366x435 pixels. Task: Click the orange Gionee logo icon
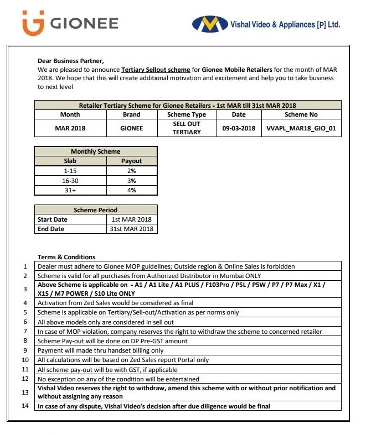(33, 24)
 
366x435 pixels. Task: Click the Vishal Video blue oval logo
(210, 24)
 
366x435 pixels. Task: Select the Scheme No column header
(301, 114)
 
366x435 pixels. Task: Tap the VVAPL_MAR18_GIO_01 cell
(301, 128)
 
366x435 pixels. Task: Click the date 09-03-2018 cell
(239, 128)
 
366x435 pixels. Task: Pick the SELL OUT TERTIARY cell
(186, 128)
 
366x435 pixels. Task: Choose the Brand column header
(131, 114)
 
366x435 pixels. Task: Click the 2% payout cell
(131, 171)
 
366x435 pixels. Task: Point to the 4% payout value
(131, 190)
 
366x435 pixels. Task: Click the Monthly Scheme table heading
(95, 151)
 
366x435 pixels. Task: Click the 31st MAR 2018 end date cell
(131, 229)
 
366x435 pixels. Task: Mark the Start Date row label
(52, 219)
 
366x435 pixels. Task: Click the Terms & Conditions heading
(66, 257)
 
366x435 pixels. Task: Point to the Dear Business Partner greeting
(70, 61)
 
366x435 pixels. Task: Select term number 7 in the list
(25, 332)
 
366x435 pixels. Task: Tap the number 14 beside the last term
(24, 407)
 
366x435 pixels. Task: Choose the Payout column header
(131, 161)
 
